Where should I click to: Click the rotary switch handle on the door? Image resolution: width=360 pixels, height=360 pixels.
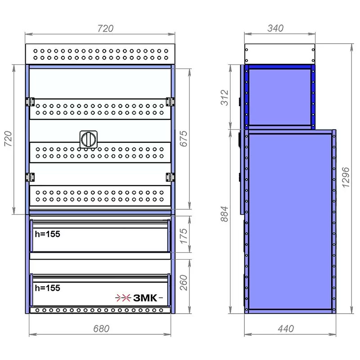coord(88,139)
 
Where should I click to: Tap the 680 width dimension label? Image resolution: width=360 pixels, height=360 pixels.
coord(101,329)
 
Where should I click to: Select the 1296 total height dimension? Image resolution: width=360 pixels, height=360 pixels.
coord(346,177)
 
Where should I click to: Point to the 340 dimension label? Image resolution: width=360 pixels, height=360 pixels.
coord(275,28)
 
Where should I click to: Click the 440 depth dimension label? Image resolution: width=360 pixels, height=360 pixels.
coord(286,329)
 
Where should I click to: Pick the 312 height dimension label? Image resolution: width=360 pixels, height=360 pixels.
coord(225,98)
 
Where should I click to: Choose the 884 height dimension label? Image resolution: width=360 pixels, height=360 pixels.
coord(225,214)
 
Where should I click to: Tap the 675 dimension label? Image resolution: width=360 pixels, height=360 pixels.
coord(184,139)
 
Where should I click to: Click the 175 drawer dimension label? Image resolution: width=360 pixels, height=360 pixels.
coord(184,236)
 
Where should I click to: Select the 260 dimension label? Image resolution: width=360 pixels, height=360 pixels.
coord(184,283)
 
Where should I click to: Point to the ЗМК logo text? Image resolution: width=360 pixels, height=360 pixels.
coord(145,298)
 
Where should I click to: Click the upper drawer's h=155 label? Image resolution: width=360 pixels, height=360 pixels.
coord(48,234)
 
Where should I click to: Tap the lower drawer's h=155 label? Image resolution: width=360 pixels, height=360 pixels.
coord(48,288)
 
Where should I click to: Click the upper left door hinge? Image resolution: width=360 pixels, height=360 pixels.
coord(30,102)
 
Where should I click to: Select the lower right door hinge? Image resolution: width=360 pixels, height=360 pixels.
coord(170,177)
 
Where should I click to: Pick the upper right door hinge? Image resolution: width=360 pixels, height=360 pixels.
coord(170,102)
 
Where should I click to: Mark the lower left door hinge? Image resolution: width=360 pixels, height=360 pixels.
coord(30,177)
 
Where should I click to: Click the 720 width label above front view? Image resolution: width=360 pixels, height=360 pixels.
coord(105,28)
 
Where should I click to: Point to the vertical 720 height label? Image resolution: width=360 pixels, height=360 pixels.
coord(8,139)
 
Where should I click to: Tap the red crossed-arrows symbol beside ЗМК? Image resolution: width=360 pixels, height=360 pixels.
coord(123,298)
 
